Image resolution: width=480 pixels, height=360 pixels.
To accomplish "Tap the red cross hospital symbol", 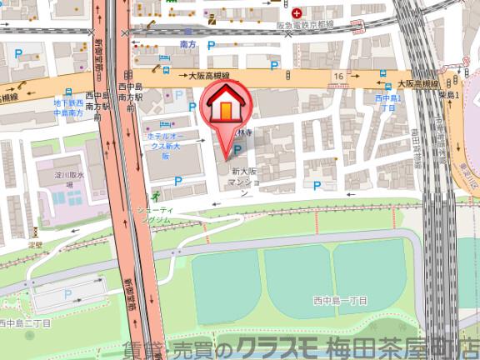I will (297, 12).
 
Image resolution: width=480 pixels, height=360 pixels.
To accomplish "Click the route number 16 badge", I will (338, 77).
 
